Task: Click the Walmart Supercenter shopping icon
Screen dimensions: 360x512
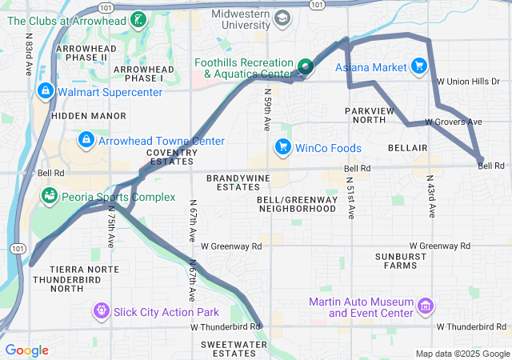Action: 46,90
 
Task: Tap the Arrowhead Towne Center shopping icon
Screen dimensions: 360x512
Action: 86,141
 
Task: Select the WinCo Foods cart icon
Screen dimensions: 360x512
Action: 282,147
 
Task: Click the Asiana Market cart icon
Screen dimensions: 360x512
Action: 418,66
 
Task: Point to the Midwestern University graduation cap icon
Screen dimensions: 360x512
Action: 282,17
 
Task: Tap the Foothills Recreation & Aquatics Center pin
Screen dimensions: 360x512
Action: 305,67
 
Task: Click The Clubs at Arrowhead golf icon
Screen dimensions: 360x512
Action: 139,18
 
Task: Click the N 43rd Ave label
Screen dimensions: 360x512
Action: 431,197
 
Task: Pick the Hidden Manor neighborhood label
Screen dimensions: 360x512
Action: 78,116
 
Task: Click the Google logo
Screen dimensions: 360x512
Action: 26,350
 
